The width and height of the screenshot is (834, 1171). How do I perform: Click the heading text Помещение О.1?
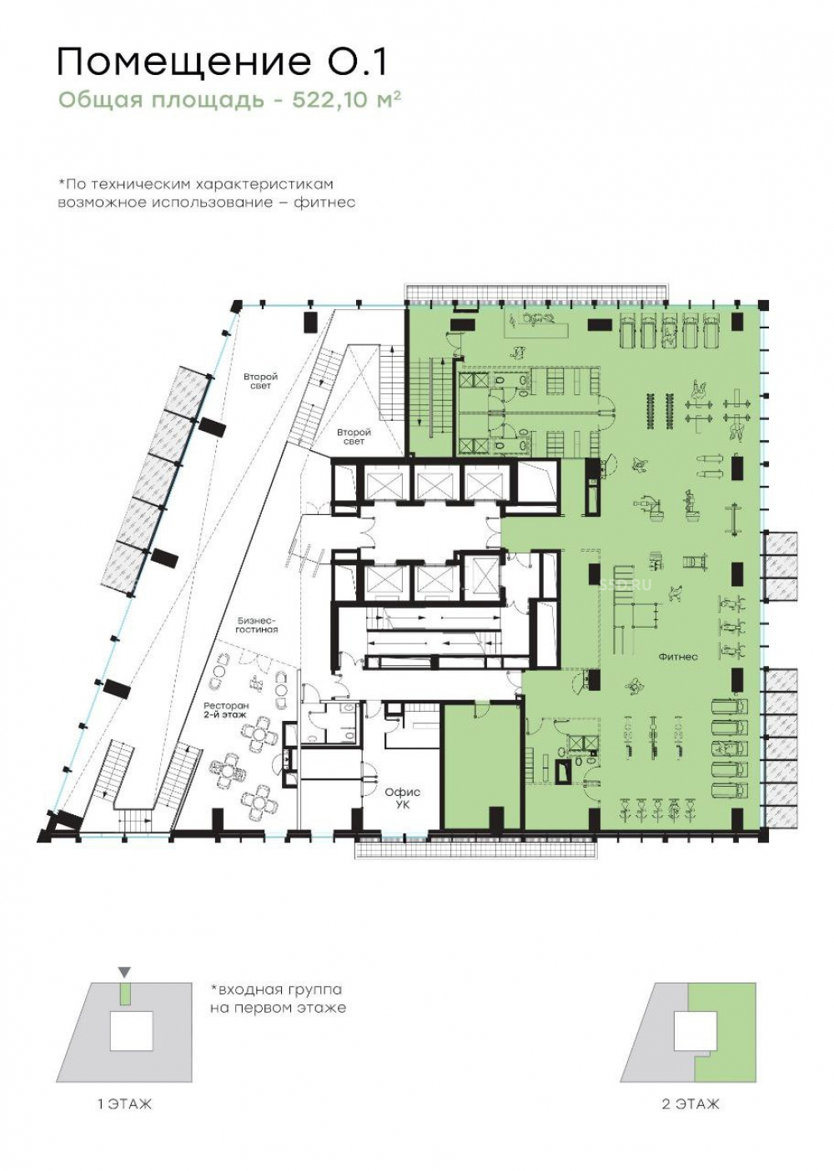[222, 63]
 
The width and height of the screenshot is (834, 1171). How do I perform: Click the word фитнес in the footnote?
[324, 203]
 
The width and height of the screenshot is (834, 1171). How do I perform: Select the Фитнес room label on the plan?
[678, 657]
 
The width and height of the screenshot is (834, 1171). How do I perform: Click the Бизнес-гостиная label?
[258, 625]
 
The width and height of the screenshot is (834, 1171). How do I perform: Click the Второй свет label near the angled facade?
[260, 381]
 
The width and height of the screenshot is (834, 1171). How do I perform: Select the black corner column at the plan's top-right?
[763, 305]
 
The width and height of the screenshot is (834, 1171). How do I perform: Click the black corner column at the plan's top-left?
[237, 305]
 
